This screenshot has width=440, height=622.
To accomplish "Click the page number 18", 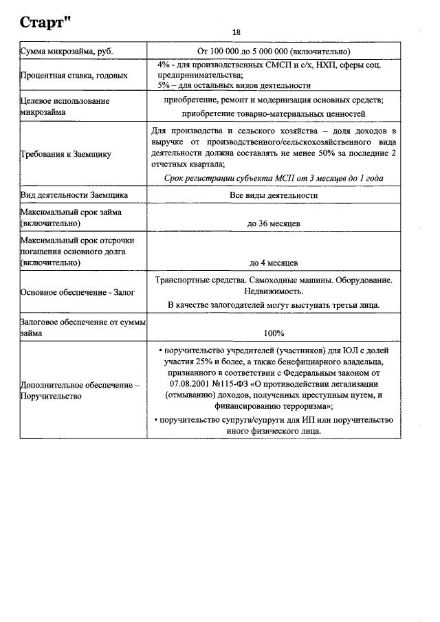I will pos(236,32).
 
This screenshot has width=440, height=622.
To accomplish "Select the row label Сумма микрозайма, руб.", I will pos(67,51).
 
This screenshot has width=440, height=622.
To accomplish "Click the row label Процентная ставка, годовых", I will pos(74,75).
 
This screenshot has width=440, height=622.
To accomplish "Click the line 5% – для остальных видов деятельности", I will pos(234,85).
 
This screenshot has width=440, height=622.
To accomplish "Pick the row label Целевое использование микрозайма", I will pos(65,107).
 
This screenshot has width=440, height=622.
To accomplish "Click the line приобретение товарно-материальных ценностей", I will pos(274,113).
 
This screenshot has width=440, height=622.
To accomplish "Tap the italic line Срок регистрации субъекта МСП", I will pos(274,178).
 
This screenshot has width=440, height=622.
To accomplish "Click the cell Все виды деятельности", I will pos(274,195).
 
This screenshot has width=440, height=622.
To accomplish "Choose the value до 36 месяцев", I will pos(274,223).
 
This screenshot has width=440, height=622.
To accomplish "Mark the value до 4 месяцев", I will pos(274,263).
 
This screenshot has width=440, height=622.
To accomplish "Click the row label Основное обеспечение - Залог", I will pos(77,292).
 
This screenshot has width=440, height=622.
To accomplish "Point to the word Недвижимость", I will pos(274,292).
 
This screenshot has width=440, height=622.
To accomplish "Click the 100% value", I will pos(274,333).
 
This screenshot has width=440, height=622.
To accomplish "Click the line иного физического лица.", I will pos(274,431).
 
